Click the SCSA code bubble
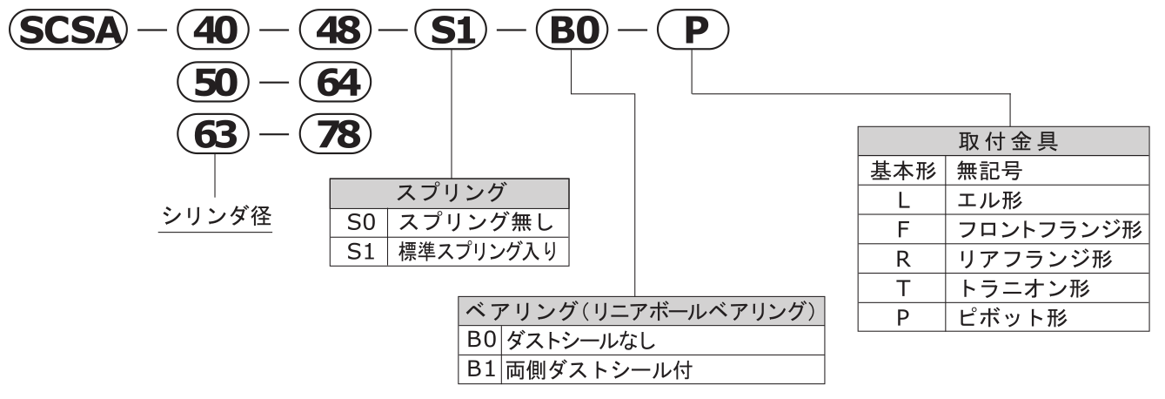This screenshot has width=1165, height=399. click(x=65, y=31)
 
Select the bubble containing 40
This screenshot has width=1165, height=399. click(x=213, y=31)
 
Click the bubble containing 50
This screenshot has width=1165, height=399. click(x=213, y=85)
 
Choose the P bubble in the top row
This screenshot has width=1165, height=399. click(x=692, y=31)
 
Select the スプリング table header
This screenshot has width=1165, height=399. click(x=449, y=191)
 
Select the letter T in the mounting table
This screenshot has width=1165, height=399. click(x=901, y=288)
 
